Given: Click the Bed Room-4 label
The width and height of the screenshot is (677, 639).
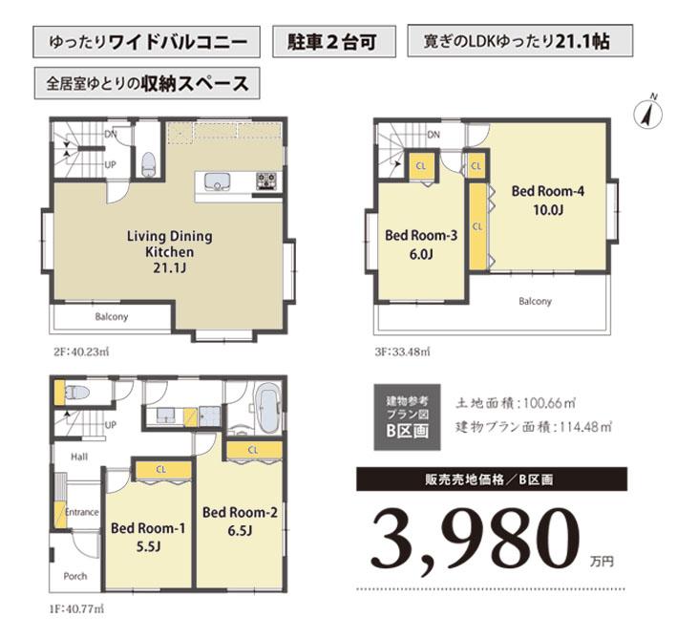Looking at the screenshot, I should pos(547,199).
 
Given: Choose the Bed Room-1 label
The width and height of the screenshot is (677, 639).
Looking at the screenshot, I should pos(148,536).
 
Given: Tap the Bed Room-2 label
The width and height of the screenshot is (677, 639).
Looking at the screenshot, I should pos(240,520).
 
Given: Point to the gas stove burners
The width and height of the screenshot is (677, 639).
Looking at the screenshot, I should pos(265,181).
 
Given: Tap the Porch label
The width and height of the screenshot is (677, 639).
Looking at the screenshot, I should pos(75,576).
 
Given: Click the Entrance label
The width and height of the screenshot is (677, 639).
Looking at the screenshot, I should pos(82,513).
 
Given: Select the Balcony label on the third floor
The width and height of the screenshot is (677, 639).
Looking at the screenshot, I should pos(535,302).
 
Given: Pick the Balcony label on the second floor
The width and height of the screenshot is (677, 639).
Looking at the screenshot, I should pos(112,317).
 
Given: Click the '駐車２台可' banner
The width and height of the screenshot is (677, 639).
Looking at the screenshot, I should pos(331,42).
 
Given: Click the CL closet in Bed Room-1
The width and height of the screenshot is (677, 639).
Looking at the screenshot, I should pos(160,469).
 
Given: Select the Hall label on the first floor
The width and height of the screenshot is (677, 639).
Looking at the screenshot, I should pos(78,458).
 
